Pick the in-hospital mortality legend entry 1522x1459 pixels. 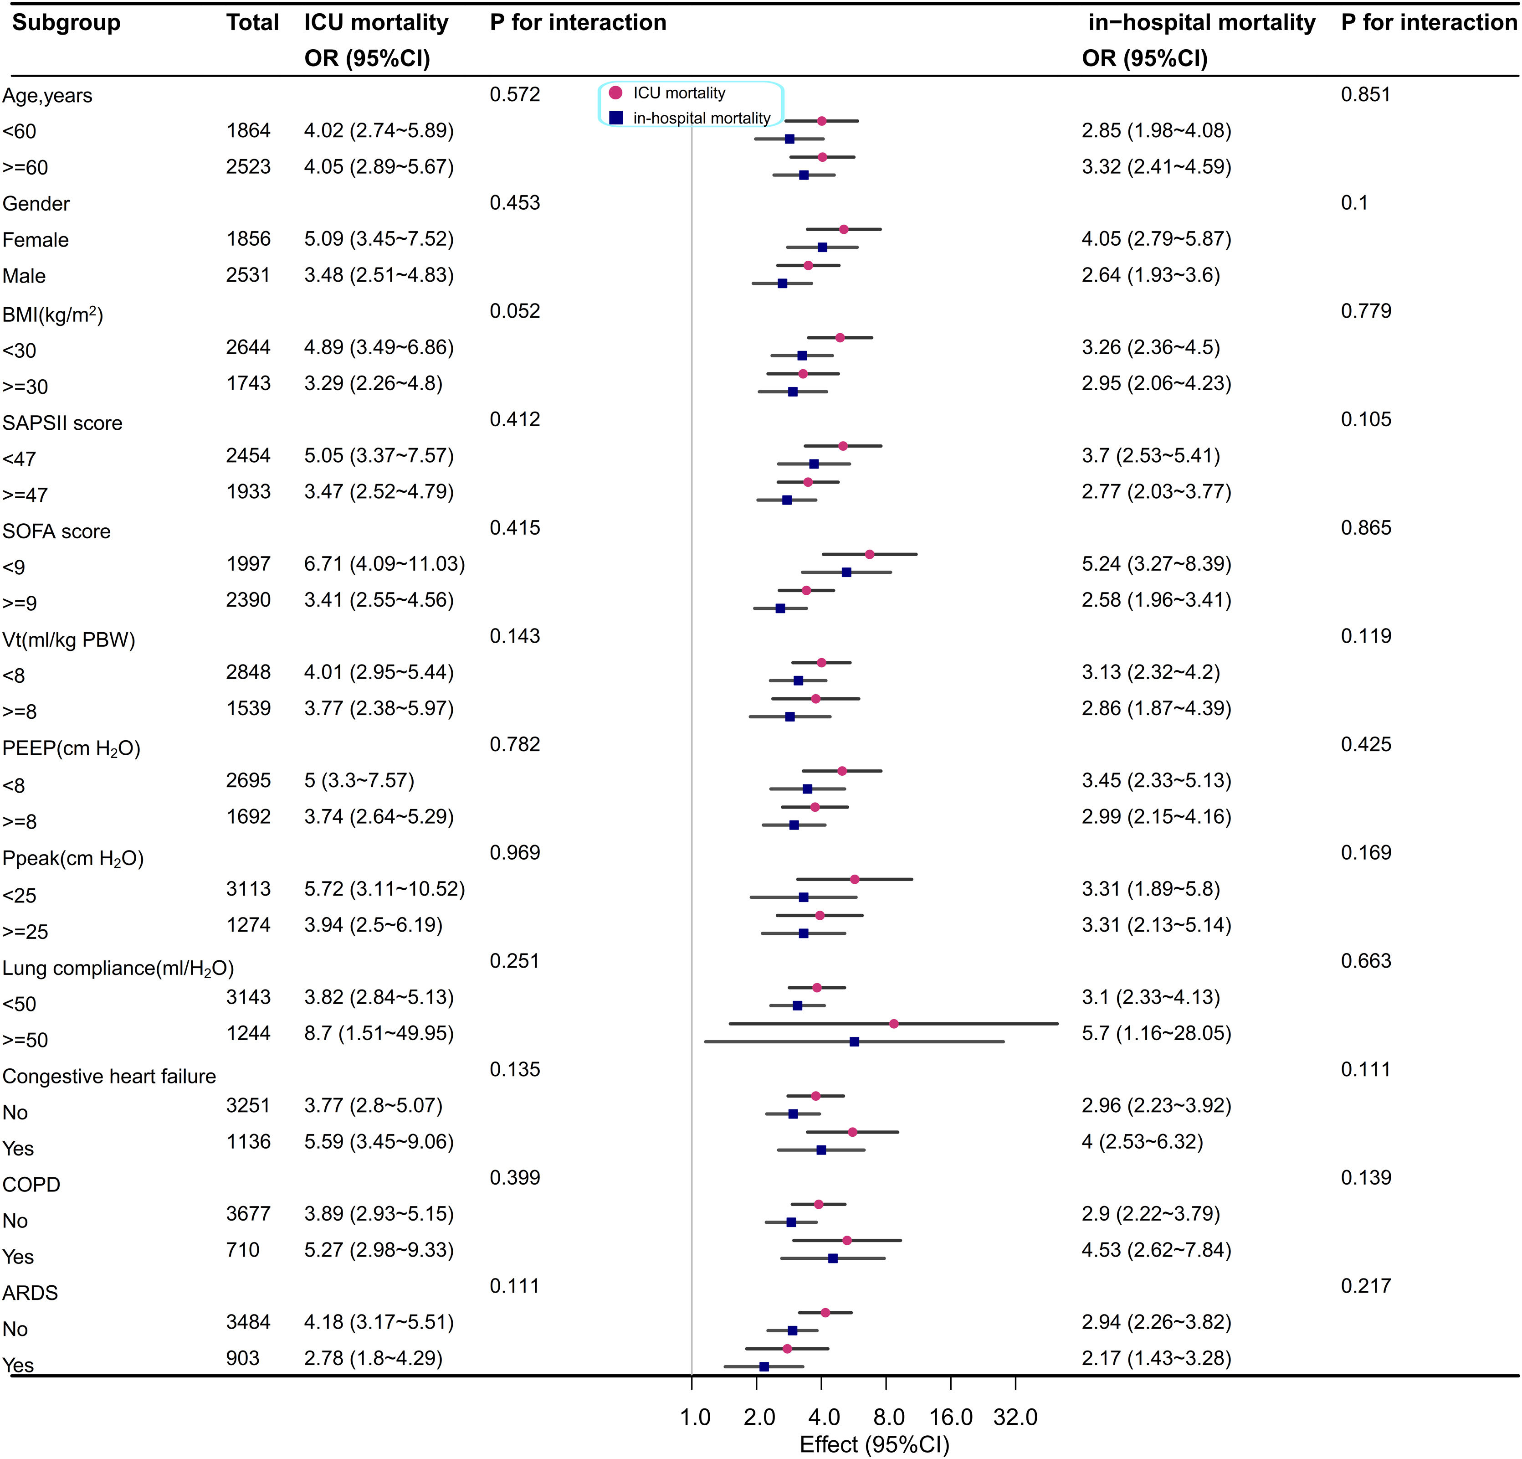point(701,118)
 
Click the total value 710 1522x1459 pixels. point(243,1250)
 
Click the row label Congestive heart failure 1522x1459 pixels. point(109,1076)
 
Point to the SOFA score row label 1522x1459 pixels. point(56,531)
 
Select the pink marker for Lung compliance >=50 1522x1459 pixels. point(894,1024)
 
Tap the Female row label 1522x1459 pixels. point(36,240)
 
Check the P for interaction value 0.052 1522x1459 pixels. point(515,311)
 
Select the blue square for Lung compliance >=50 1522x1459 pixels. point(854,1042)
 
